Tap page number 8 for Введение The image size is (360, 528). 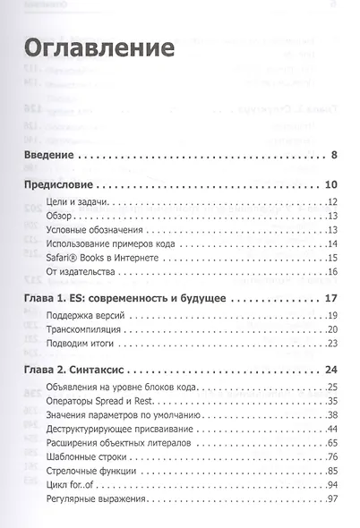click(x=332, y=158)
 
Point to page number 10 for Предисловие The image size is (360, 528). click(x=330, y=185)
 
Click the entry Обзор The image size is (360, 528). click(x=61, y=216)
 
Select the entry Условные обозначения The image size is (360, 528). click(x=94, y=230)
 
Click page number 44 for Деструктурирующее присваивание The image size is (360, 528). click(x=330, y=430)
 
